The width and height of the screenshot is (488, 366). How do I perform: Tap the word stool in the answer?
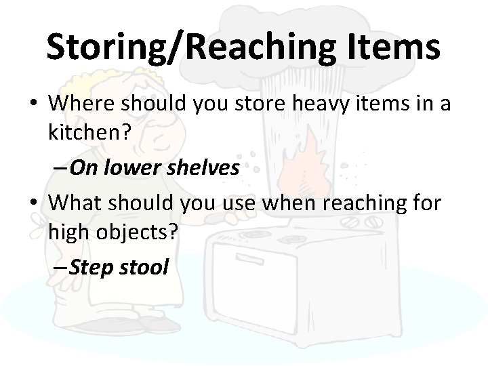coord(143,266)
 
